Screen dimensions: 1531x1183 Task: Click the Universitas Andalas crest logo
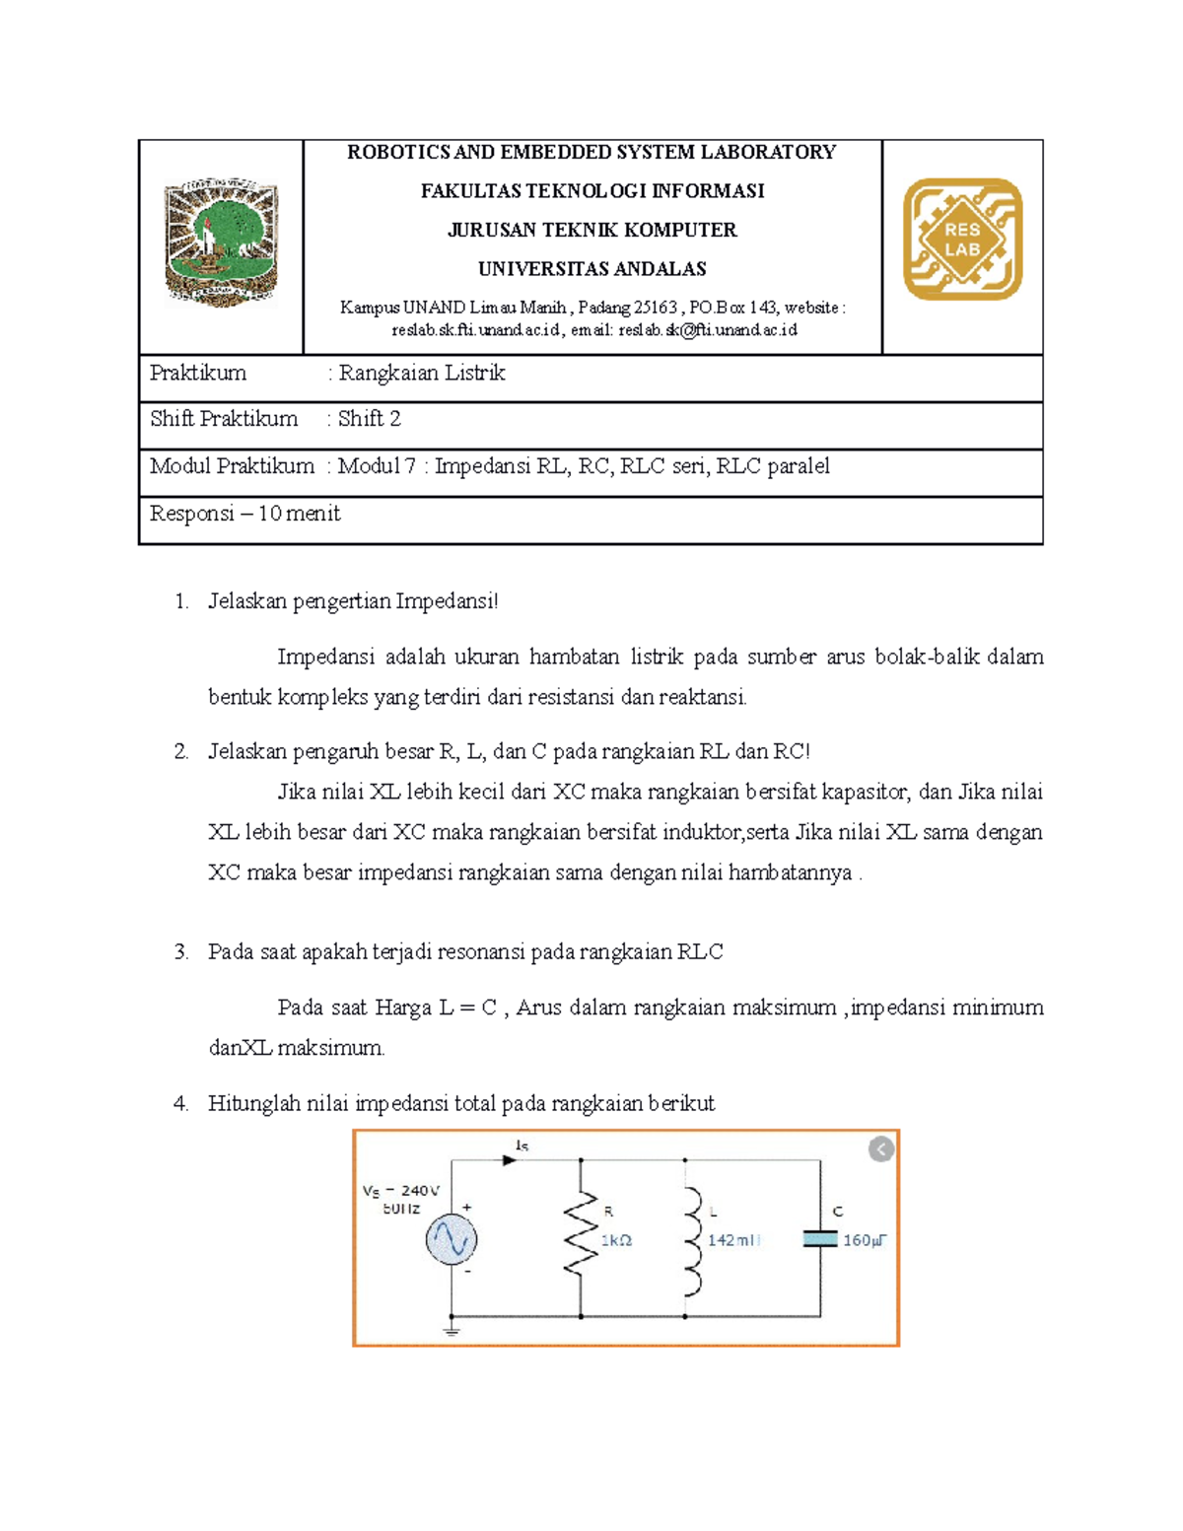click(x=221, y=243)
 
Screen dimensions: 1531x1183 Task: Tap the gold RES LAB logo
click(x=962, y=239)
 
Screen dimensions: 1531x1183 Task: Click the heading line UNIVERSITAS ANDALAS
click(x=591, y=269)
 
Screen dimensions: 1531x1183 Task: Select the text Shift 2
click(x=370, y=419)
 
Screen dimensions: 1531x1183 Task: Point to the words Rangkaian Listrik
click(x=422, y=373)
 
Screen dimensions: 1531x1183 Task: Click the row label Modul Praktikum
click(x=232, y=465)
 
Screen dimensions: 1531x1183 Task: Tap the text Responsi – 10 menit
click(x=244, y=514)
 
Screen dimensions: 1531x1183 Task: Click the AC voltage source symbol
click(x=452, y=1239)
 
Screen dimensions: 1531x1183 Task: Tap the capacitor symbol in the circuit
click(x=820, y=1239)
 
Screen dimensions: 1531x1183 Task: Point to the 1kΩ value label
click(x=616, y=1240)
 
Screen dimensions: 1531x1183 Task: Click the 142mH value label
click(x=733, y=1240)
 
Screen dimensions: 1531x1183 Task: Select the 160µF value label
click(x=865, y=1240)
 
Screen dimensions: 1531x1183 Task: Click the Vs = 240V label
click(x=401, y=1190)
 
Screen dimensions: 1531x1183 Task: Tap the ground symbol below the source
click(x=452, y=1331)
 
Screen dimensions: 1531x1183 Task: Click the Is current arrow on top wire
click(x=511, y=1159)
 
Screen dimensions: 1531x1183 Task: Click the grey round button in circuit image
click(x=881, y=1149)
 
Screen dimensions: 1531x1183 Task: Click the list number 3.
click(x=180, y=952)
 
